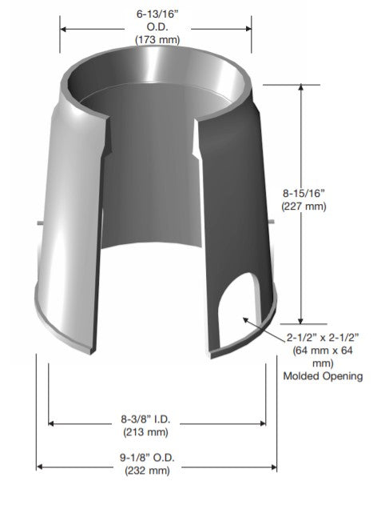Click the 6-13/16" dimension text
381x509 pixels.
tap(157, 14)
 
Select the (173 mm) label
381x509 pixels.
tap(157, 39)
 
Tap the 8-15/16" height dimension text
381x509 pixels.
tap(304, 193)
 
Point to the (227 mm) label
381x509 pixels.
tap(304, 206)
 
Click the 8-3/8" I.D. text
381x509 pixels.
tap(145, 419)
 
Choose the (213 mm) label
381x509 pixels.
tap(146, 432)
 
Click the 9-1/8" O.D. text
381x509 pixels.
tap(148, 458)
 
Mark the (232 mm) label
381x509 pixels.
tap(148, 471)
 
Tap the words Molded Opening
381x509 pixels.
tap(323, 376)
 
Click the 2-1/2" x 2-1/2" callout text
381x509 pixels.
tap(323, 338)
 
